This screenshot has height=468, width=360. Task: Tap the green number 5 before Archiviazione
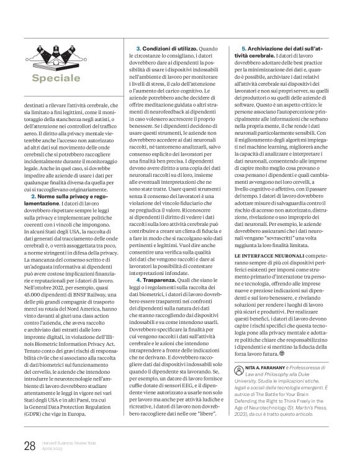(243, 48)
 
